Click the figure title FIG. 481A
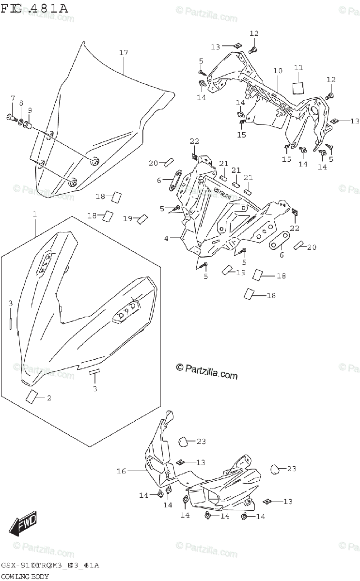(34, 8)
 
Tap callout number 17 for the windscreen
(123, 52)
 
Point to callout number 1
(35, 214)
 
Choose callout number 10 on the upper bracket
(277, 71)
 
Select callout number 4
(167, 239)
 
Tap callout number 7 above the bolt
(13, 99)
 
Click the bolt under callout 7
(12, 117)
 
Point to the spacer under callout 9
(28, 126)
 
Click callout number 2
(48, 398)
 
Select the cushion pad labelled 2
(32, 397)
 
